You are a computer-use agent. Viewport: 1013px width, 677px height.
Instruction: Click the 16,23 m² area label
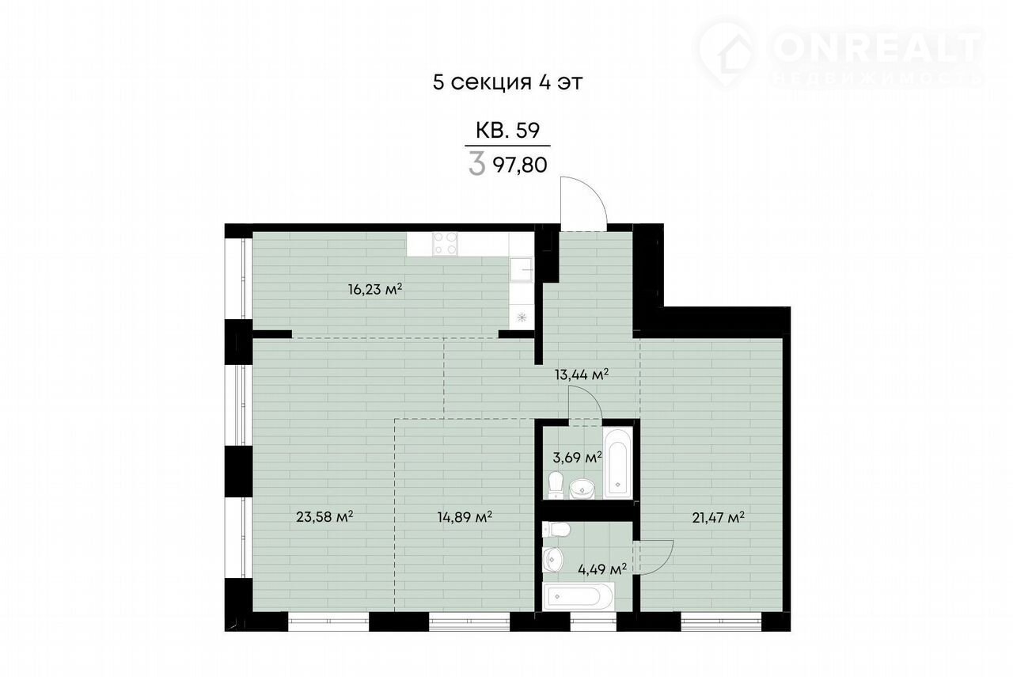[375, 289]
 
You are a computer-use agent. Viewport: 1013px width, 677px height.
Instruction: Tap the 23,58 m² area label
[324, 516]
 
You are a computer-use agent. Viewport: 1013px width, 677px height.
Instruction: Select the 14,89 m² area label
[465, 516]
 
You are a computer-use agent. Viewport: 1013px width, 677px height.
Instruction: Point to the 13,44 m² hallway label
[582, 375]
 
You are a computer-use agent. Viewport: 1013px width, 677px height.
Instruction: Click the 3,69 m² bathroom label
[577, 457]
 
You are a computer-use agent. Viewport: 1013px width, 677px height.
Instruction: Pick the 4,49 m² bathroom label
[602, 569]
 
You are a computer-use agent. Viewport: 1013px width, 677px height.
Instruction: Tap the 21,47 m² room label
[718, 517]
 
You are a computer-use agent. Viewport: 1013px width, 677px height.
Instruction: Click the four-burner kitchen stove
[445, 244]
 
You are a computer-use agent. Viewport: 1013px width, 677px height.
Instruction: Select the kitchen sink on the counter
[522, 270]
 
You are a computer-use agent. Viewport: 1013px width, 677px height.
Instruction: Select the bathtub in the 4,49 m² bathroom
[579, 596]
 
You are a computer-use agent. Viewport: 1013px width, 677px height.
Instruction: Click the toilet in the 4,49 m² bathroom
[556, 530]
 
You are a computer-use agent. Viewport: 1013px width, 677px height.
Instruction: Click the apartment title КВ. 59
[508, 131]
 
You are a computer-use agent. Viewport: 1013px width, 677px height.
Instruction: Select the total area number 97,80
[520, 165]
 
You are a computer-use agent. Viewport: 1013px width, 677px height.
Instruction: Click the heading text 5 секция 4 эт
[508, 82]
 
